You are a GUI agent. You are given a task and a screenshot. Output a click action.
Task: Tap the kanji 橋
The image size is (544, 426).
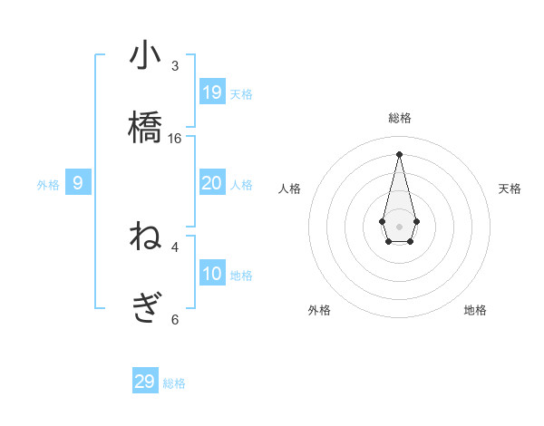coord(145,128)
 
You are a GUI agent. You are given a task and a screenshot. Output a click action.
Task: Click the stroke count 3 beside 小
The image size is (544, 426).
coord(175,66)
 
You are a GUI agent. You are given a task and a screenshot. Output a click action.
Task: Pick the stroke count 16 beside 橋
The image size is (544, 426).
coord(175,139)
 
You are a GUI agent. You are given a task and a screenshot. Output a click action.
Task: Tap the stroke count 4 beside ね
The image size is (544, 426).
coord(175,247)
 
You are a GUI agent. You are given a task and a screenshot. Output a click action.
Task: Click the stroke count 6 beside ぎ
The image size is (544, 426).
coord(175,319)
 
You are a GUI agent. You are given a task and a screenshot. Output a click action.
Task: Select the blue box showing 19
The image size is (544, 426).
coord(212,92)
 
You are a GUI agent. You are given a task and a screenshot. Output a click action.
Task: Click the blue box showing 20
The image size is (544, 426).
coord(212,183)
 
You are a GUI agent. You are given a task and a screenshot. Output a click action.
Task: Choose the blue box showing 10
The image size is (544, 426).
coord(212,274)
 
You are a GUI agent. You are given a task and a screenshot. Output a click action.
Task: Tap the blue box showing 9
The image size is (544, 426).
coord(78,183)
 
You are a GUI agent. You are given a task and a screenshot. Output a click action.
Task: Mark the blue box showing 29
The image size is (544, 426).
coord(145,382)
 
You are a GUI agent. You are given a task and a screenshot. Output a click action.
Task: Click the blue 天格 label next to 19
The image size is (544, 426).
coord(241,93)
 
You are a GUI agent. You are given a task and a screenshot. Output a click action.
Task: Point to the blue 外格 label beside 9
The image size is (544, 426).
coord(48,185)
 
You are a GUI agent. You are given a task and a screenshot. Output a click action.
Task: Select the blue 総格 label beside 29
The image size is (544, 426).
coord(174,383)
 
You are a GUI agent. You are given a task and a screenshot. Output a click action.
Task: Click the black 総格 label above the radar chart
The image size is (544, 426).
coord(400,118)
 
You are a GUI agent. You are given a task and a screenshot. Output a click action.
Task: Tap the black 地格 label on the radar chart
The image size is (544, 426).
coord(475,311)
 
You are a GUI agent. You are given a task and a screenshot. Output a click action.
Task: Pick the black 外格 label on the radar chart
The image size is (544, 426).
coord(319,311)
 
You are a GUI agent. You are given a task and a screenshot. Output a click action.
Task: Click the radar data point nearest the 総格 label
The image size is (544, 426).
coord(399,154)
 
